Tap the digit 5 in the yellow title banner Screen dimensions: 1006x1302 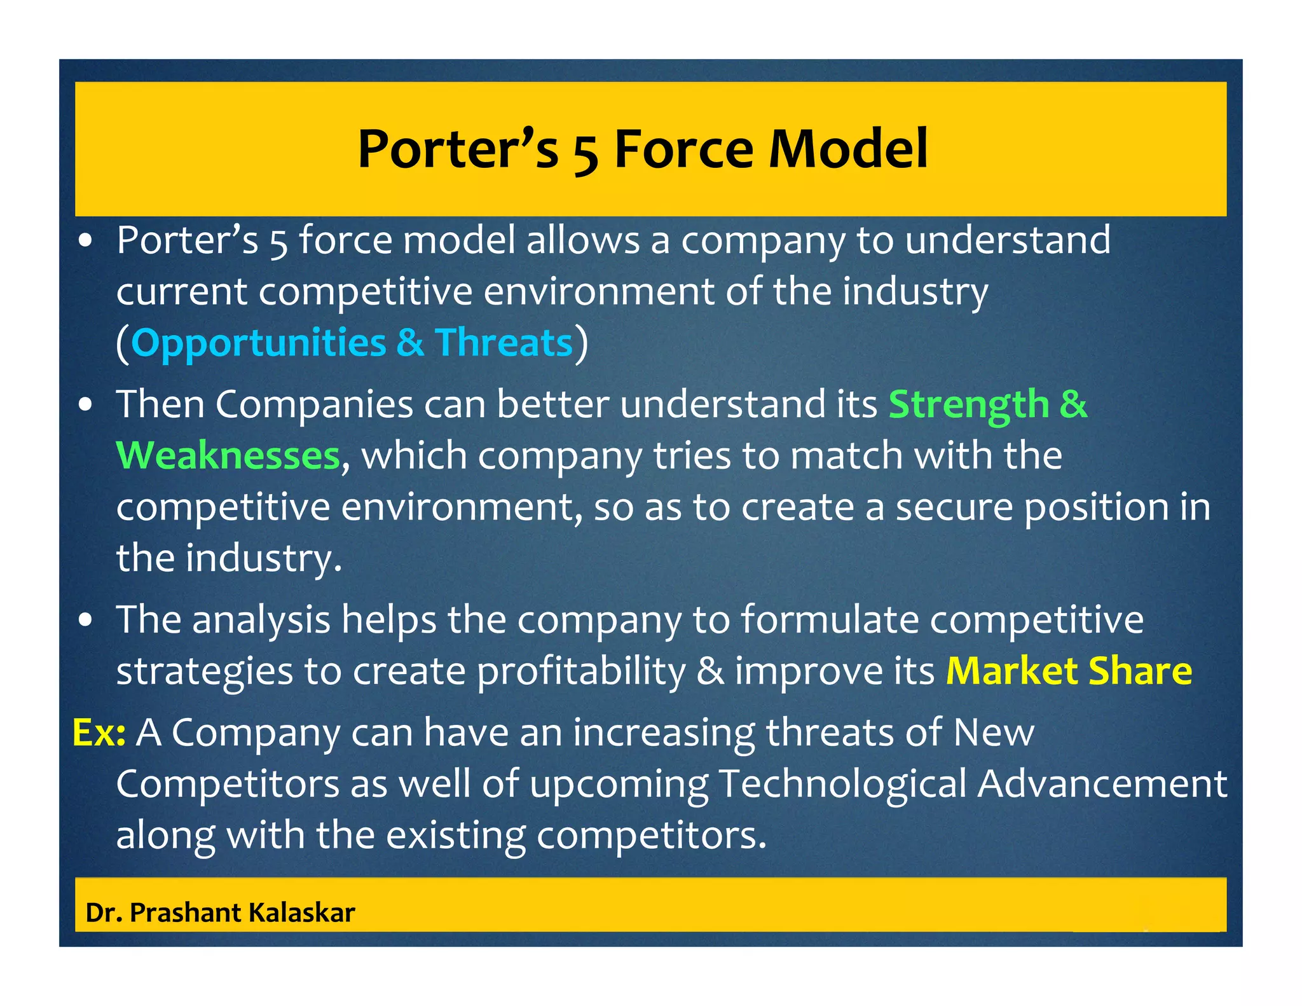click(x=586, y=153)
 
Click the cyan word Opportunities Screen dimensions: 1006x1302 click(x=258, y=343)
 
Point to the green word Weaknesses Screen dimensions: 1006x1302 click(x=228, y=456)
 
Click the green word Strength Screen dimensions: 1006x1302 click(x=968, y=404)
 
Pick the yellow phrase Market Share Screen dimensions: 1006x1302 click(x=1069, y=671)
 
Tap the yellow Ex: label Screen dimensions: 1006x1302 click(x=99, y=732)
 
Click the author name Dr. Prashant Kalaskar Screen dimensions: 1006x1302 click(x=220, y=913)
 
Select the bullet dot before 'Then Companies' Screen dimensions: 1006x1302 click(x=86, y=406)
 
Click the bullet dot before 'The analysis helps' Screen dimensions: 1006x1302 click(x=86, y=621)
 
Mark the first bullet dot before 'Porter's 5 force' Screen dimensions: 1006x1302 click(x=86, y=242)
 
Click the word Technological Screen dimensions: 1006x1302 click(x=842, y=784)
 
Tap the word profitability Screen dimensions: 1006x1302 click(x=581, y=672)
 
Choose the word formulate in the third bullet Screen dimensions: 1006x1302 click(x=830, y=619)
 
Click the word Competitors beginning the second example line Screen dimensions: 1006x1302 click(x=228, y=784)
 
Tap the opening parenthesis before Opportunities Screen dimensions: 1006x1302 click(x=123, y=343)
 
